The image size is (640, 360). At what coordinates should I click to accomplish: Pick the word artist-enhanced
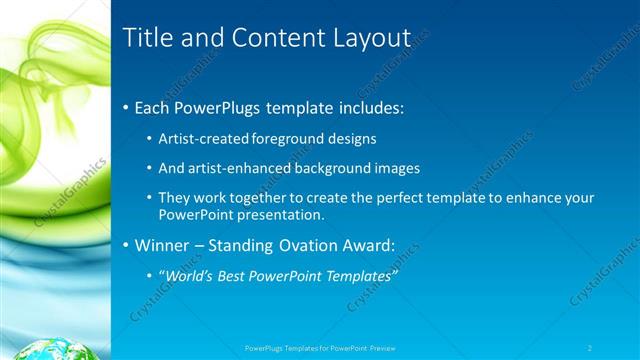[x=236, y=168]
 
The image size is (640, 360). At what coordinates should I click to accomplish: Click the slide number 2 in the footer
[x=590, y=347]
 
